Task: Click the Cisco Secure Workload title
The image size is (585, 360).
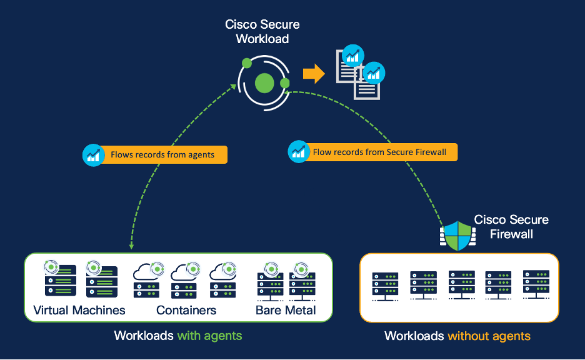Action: pyautogui.click(x=262, y=32)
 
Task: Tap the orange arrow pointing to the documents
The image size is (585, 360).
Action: pyautogui.click(x=314, y=74)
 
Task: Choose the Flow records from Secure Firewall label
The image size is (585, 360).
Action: pyautogui.click(x=379, y=152)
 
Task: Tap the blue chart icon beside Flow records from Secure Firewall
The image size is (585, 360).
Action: pyautogui.click(x=298, y=151)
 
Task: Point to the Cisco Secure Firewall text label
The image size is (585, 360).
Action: pyautogui.click(x=511, y=227)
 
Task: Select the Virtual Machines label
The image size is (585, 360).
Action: pyautogui.click(x=79, y=311)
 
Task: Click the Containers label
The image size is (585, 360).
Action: pyautogui.click(x=186, y=311)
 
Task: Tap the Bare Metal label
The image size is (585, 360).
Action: pyautogui.click(x=286, y=311)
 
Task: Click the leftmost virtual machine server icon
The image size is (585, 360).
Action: pyautogui.click(x=60, y=280)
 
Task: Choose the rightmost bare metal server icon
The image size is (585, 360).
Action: pyautogui.click(x=302, y=282)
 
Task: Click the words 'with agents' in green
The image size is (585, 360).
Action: pyautogui.click(x=209, y=336)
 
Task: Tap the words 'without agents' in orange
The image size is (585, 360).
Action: pyautogui.click(x=489, y=336)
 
